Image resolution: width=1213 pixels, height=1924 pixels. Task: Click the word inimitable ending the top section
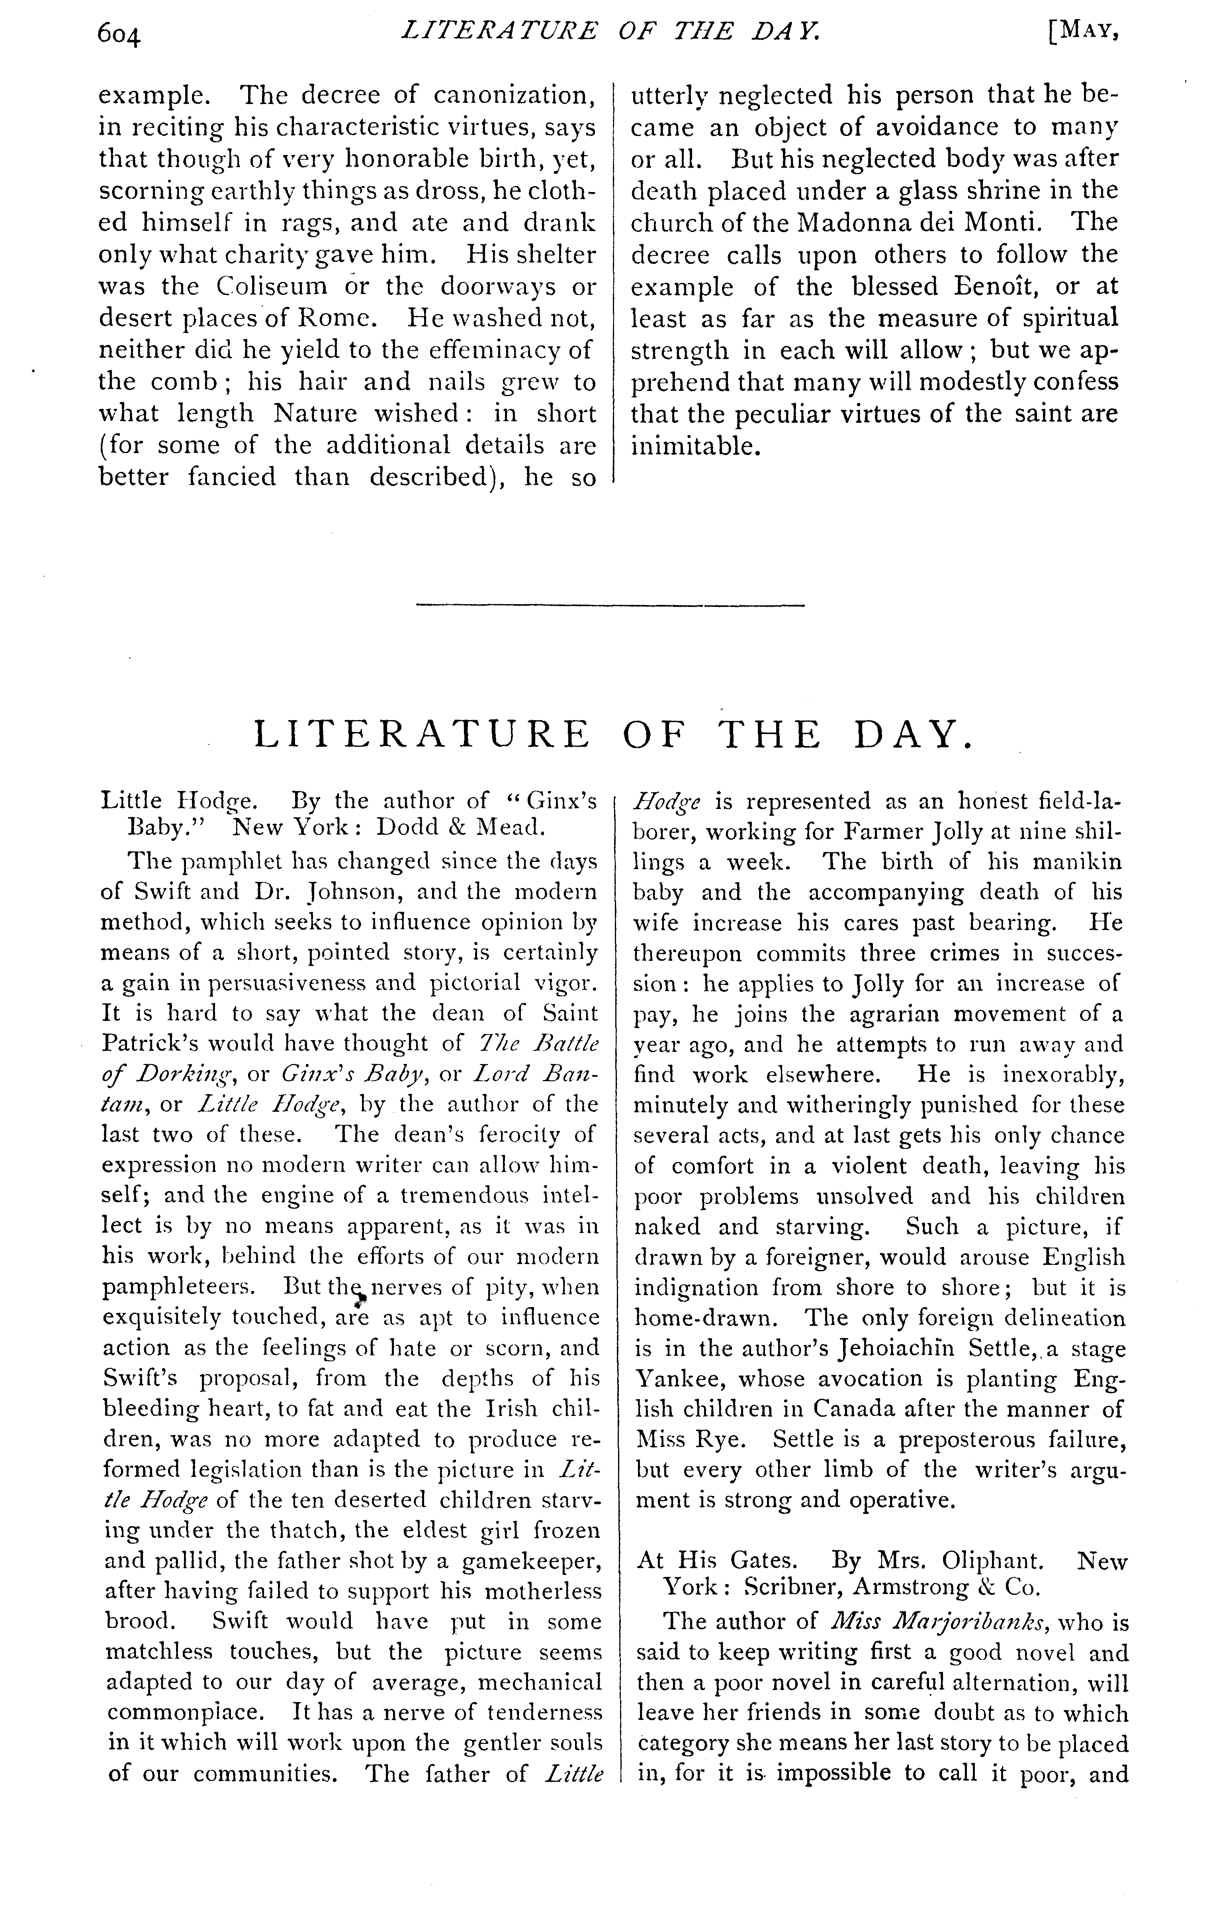point(693,446)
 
